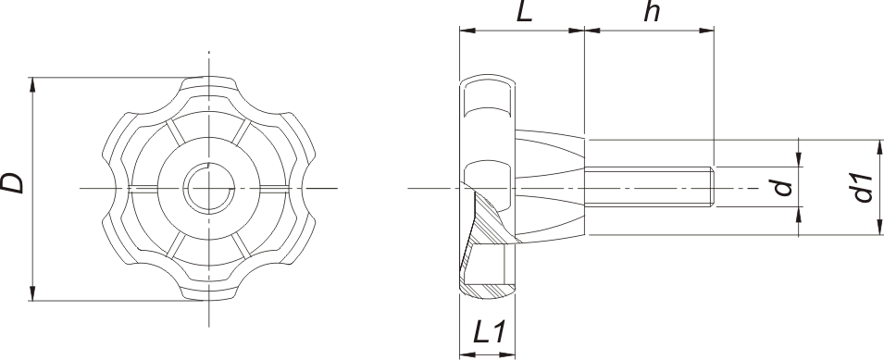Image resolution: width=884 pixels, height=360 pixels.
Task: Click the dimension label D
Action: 12,183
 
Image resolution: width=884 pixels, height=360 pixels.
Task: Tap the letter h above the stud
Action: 652,12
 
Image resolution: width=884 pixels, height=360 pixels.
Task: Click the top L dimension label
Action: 525,12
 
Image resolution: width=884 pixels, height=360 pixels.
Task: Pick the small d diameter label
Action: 783,188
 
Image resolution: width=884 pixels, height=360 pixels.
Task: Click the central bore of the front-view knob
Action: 209,188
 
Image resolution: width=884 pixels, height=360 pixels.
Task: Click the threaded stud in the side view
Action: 649,187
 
